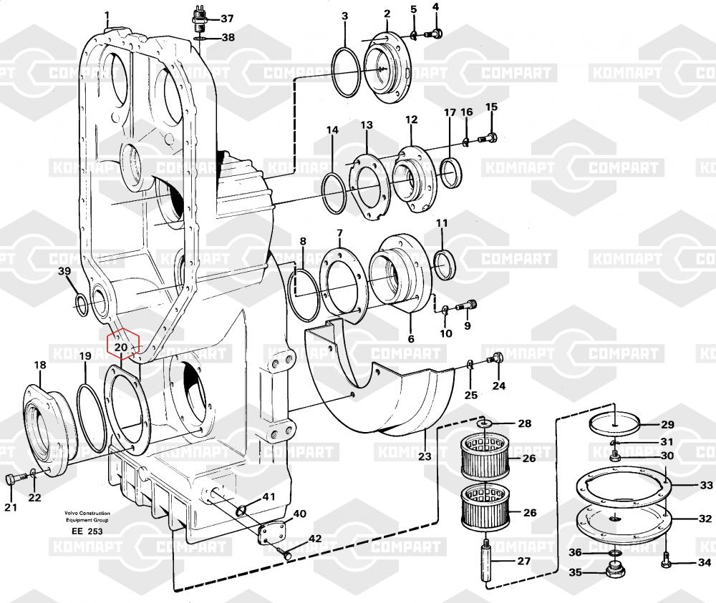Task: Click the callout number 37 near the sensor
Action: click(227, 19)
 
